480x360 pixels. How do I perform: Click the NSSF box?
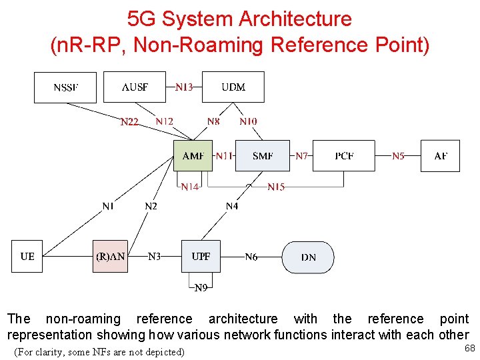tap(65, 87)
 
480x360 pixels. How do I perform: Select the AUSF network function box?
tap(135, 87)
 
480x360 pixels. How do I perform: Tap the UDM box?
tap(233, 87)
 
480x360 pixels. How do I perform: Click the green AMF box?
tap(193, 156)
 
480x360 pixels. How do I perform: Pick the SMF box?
tap(263, 156)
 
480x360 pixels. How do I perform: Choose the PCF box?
tap(344, 156)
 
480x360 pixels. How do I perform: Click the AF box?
tap(441, 156)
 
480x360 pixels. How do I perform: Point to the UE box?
tap(27, 257)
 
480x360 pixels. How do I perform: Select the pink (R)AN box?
tap(110, 257)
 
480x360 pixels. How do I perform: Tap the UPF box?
tap(201, 257)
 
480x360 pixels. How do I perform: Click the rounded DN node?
tap(308, 257)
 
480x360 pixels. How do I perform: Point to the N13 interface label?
tap(184, 87)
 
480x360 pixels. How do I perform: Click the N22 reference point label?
tap(129, 122)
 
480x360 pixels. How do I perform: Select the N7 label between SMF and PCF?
tap(302, 156)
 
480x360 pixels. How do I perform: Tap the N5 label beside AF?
tap(398, 156)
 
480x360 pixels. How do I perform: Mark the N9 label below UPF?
tap(201, 288)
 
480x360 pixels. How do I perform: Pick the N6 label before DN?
tap(251, 257)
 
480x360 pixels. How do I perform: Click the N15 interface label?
tap(276, 187)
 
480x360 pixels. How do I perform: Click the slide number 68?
tap(469, 348)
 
